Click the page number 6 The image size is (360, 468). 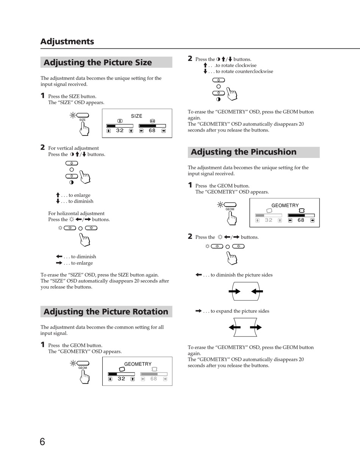(42, 441)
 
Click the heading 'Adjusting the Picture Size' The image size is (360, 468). (97, 62)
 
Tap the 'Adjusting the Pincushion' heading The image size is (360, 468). (243, 152)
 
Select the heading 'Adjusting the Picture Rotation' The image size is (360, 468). (106, 312)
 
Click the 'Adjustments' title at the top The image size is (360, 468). (67, 41)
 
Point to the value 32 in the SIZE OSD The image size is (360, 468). (120, 131)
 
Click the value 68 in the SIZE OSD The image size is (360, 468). (152, 131)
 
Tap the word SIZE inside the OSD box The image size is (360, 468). (136, 116)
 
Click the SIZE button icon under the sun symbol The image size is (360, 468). (83, 115)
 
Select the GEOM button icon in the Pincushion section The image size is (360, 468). (230, 205)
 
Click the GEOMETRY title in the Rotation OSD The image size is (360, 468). (138, 364)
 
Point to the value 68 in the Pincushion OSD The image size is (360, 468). (301, 220)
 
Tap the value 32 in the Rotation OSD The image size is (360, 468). (121, 379)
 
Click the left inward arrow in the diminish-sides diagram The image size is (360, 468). (235, 292)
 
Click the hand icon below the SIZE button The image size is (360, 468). (84, 129)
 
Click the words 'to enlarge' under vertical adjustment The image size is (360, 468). (79, 195)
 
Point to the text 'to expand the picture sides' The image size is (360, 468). (240, 311)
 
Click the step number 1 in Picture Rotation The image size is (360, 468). (42, 345)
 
